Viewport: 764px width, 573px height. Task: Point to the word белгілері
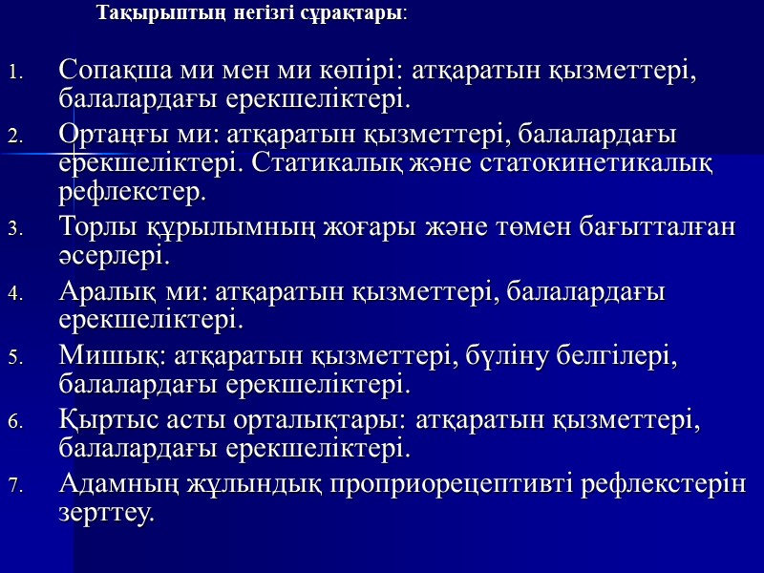(618, 355)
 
